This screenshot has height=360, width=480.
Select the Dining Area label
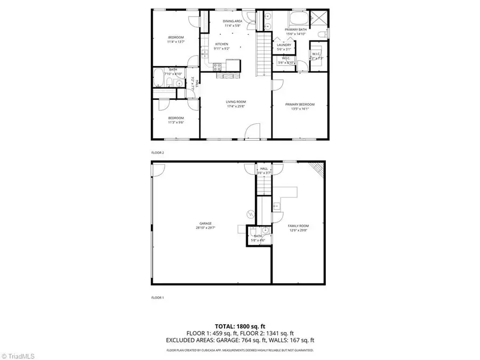coord(233,21)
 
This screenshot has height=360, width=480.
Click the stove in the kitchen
coord(218,66)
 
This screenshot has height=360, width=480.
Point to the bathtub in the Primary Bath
coord(297,19)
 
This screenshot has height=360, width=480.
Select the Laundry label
coord(284,45)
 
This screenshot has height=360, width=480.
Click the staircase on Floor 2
coord(262,53)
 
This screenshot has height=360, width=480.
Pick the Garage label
coord(206,223)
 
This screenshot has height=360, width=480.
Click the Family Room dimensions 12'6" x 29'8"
coord(298,231)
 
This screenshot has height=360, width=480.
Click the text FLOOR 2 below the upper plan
coord(158,153)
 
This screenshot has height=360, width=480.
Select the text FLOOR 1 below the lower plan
coord(158,297)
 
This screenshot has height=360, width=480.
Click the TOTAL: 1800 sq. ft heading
coord(239,325)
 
